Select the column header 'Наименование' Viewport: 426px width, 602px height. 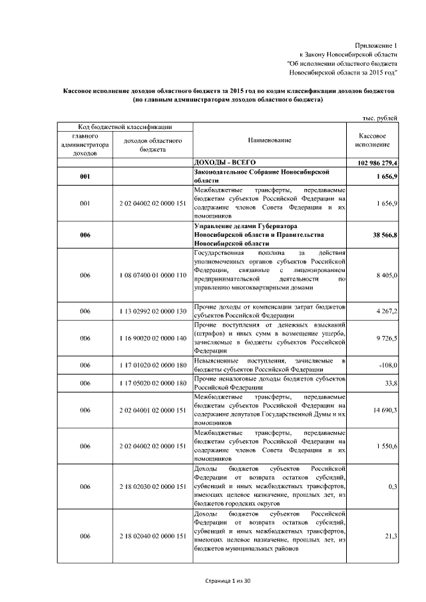[270, 140]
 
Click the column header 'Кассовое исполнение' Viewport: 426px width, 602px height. [372, 140]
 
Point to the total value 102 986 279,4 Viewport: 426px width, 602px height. [373, 163]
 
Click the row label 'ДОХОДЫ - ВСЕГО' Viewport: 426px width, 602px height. [224, 162]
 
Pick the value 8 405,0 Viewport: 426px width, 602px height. [386, 275]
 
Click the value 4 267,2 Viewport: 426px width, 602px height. [386, 311]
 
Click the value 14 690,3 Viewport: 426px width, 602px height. [385, 410]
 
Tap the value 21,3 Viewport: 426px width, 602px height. [391, 536]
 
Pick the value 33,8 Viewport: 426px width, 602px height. [390, 383]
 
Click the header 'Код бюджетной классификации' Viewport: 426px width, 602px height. [125, 126]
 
